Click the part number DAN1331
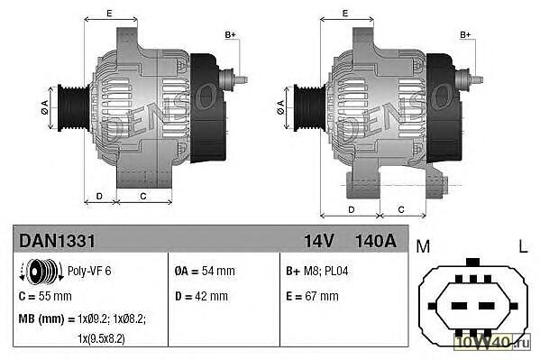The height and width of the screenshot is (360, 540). (x=57, y=240)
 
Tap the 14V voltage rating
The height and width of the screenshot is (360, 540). (x=318, y=241)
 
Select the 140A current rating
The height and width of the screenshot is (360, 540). (x=376, y=241)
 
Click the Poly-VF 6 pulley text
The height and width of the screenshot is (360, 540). (x=89, y=271)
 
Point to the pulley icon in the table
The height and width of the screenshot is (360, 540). (x=41, y=271)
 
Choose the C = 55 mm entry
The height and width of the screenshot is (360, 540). (x=45, y=296)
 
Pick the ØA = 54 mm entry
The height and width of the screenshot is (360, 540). (x=205, y=271)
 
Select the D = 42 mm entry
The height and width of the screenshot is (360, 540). (x=201, y=296)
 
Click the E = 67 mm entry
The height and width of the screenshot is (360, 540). (x=312, y=296)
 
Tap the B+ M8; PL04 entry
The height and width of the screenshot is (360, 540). (x=316, y=271)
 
